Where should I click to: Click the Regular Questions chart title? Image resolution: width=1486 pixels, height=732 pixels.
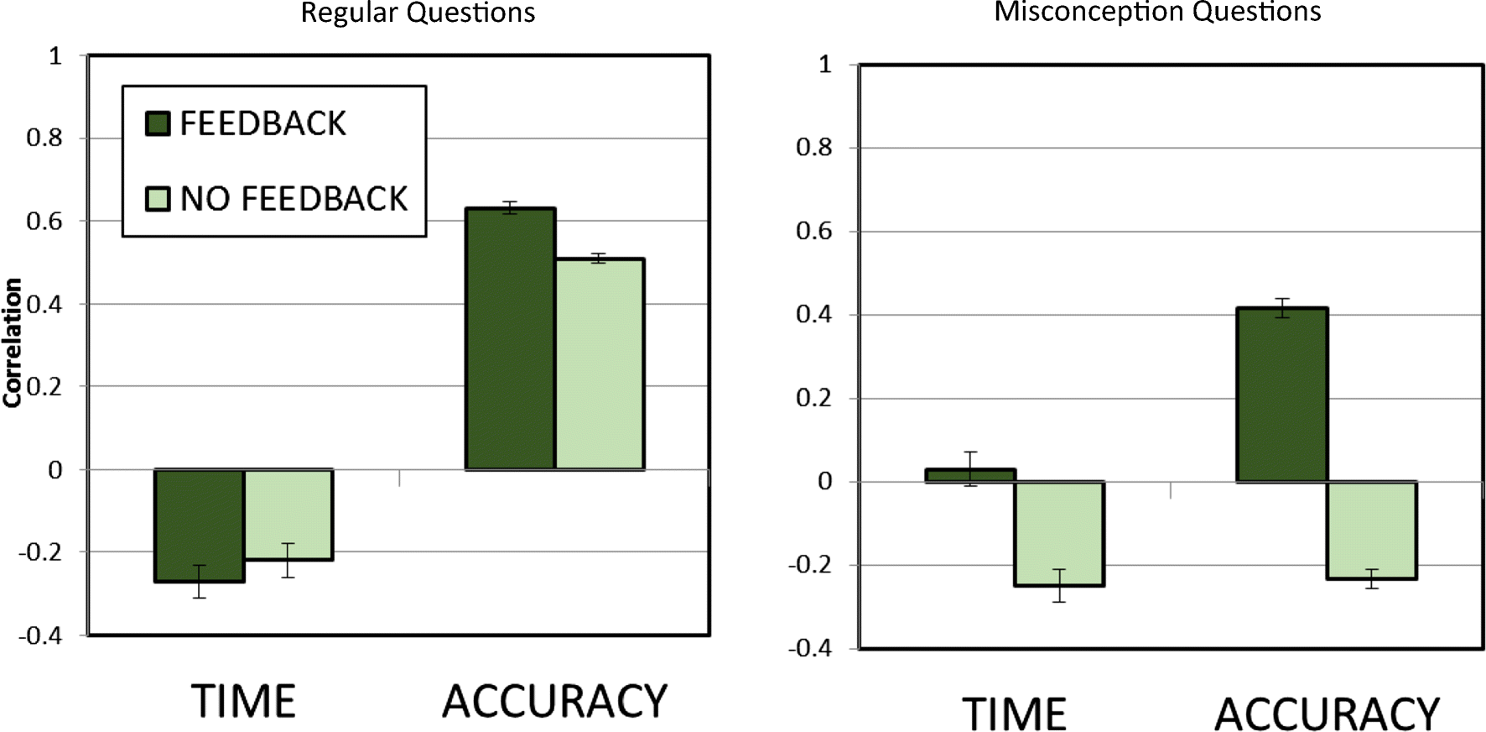coord(418,13)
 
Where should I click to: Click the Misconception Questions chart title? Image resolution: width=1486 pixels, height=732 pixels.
coord(1157,12)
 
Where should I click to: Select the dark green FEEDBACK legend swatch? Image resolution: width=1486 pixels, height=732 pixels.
coord(158,123)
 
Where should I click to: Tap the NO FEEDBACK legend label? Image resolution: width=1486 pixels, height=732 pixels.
coord(294,199)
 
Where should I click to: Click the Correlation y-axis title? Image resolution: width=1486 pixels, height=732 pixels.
coord(12,343)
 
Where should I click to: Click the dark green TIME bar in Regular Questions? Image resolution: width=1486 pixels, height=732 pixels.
coord(200,525)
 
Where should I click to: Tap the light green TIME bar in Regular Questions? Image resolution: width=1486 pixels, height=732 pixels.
coord(288,514)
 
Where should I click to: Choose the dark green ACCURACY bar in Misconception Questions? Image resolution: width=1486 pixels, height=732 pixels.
coord(1281,395)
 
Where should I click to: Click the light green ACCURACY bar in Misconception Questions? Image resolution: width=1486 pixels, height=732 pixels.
coord(1371,530)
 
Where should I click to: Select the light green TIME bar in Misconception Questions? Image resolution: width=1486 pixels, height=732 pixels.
coord(1059,533)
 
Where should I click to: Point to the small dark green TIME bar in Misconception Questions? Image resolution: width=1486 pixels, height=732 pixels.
coord(970,475)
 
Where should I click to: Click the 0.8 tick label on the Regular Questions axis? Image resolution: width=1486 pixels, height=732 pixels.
coord(44,138)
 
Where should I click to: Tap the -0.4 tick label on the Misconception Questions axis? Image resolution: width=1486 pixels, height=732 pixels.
coord(809,648)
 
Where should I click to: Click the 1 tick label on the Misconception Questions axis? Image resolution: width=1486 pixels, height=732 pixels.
coord(825,65)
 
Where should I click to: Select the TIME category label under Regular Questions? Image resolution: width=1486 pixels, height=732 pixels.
coord(243,701)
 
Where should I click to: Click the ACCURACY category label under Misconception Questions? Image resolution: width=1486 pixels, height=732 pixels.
coord(1327,714)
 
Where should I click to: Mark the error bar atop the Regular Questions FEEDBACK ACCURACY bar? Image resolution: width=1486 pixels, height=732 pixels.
coord(510,207)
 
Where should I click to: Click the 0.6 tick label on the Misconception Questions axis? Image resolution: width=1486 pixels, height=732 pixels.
coord(813,232)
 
